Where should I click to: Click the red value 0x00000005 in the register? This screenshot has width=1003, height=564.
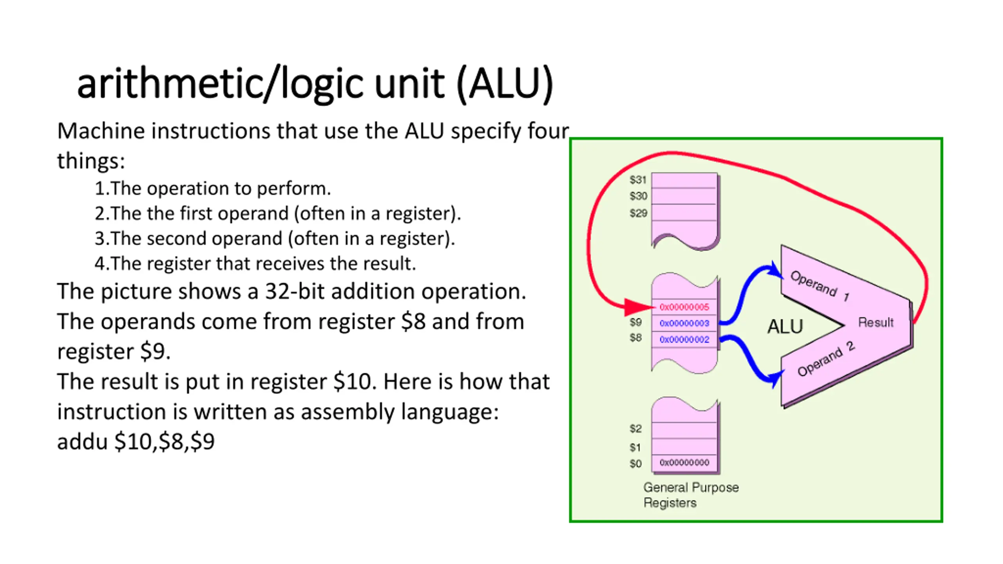[x=684, y=307]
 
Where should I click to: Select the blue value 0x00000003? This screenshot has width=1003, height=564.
[x=684, y=323]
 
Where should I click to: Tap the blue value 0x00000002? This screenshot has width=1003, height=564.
[x=684, y=339]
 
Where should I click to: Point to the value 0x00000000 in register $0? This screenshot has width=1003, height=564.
[x=684, y=462]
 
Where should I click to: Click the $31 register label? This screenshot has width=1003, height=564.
[x=638, y=180]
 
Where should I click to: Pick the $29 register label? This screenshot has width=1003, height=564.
[x=638, y=213]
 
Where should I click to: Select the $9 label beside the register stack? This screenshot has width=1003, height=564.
[x=635, y=322]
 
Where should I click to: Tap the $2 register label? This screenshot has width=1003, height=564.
[x=635, y=428]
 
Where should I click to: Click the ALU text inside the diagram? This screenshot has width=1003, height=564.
[x=785, y=326]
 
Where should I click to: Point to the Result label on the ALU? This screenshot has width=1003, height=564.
[x=876, y=322]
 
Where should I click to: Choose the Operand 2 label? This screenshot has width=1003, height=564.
[x=826, y=359]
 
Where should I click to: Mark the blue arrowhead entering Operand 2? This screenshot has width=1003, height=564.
[x=775, y=378]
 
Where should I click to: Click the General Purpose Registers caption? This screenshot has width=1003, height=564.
[x=691, y=495]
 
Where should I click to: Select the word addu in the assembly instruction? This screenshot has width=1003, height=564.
[x=82, y=442]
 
